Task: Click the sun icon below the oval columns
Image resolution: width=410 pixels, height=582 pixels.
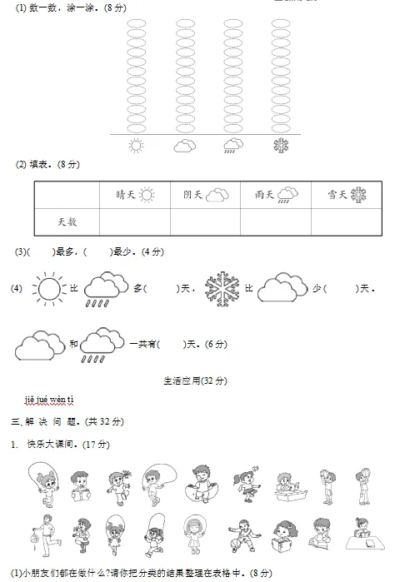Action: [x=136, y=147]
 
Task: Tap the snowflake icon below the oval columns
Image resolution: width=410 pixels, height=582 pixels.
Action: [x=282, y=147]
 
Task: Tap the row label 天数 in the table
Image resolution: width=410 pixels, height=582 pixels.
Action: [x=67, y=221]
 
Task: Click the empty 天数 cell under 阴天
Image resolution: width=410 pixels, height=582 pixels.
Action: [x=205, y=221]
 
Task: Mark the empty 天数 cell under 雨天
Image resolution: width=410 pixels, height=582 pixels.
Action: [x=276, y=221]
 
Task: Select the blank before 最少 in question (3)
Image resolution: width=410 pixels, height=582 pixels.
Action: [x=97, y=251]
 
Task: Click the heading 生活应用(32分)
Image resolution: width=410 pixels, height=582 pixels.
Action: [x=195, y=381]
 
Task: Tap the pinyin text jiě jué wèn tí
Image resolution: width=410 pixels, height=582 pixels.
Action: [x=49, y=401]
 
